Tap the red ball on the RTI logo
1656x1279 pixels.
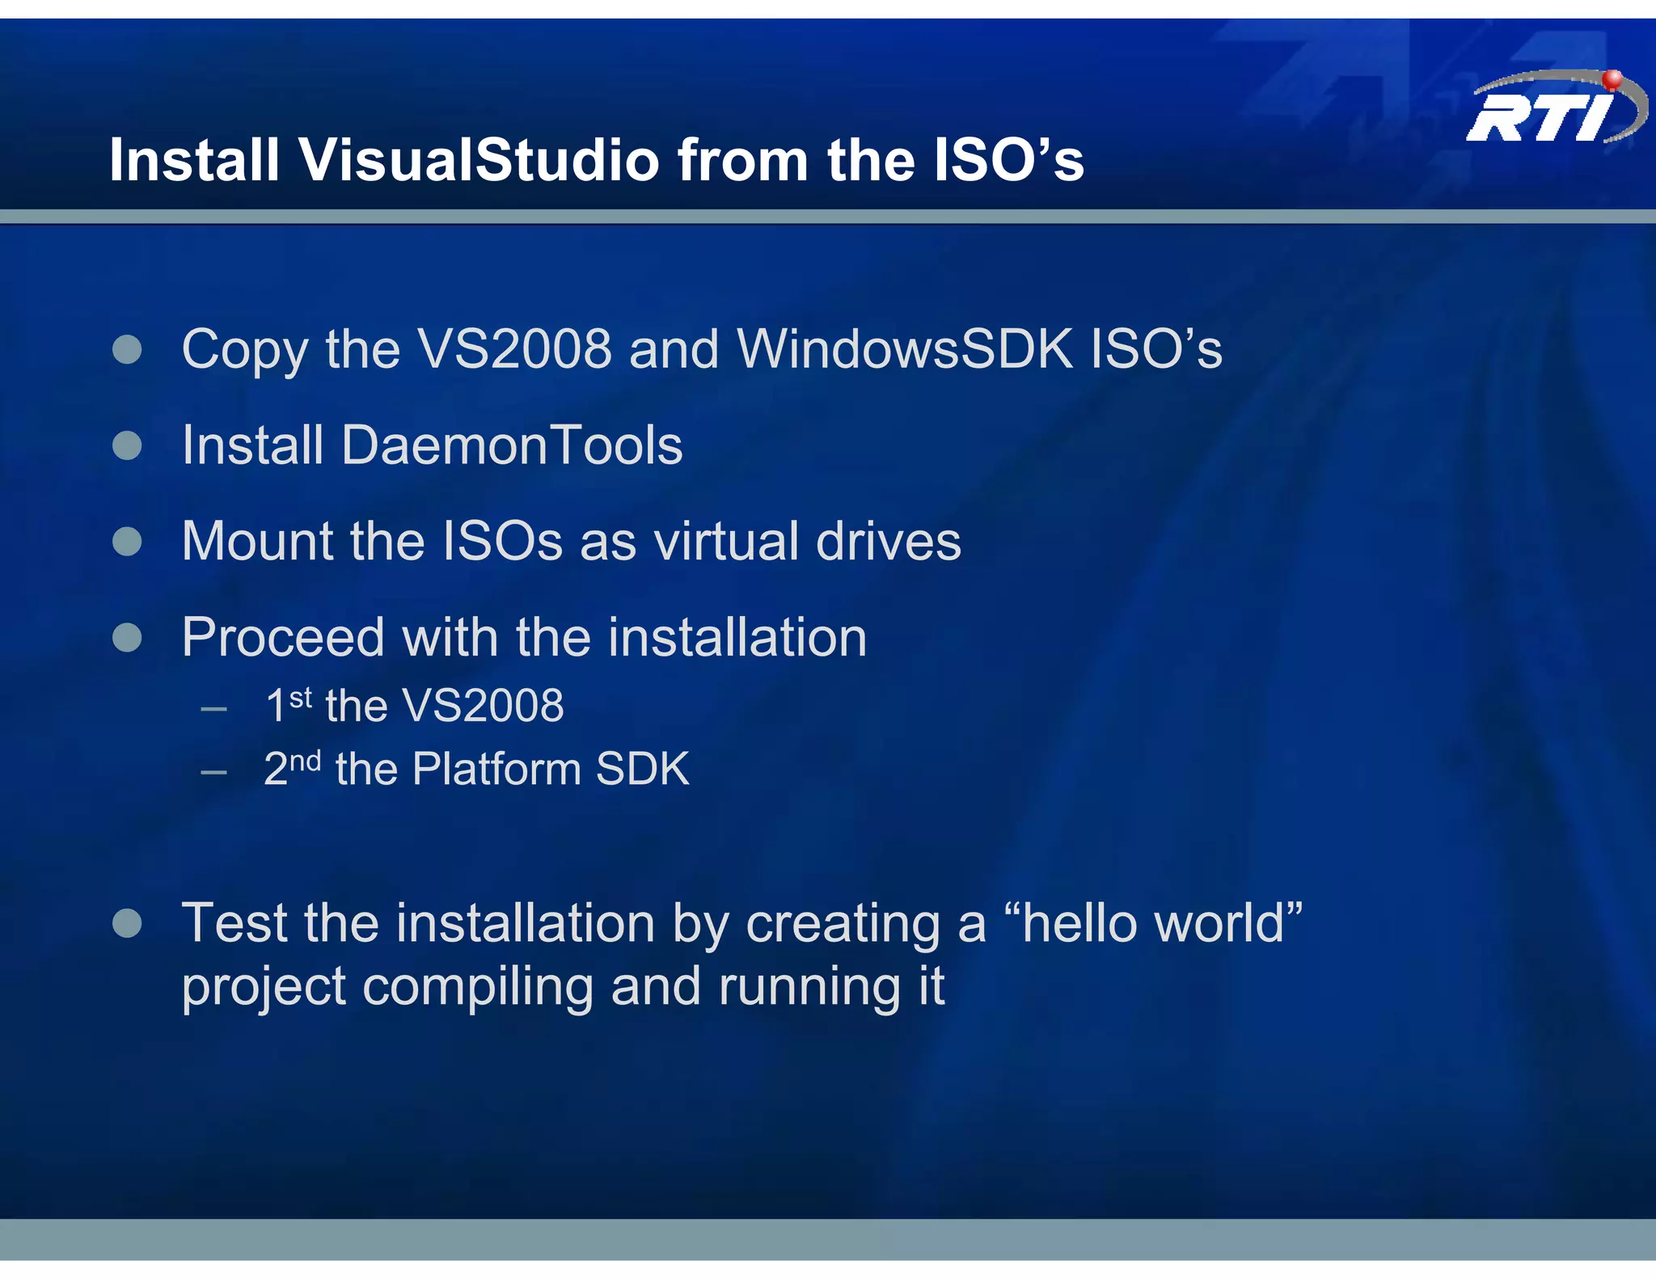[x=1612, y=78]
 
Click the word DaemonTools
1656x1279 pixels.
[x=512, y=445]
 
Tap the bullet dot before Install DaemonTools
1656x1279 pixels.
[x=127, y=445]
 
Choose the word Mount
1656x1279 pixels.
[x=257, y=541]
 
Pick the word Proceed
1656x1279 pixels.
[x=282, y=638]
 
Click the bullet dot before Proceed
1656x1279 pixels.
[x=127, y=638]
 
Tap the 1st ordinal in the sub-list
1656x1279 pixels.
[x=288, y=704]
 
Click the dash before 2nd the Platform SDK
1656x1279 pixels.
[x=213, y=773]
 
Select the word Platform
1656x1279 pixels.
[x=496, y=769]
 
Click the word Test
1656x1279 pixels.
[x=234, y=923]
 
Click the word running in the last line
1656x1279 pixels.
[x=809, y=988]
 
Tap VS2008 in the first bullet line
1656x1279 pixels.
[x=514, y=349]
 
